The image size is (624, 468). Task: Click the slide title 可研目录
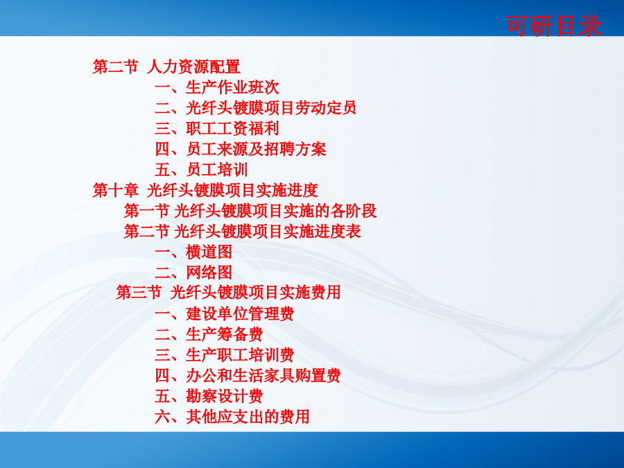coord(553,26)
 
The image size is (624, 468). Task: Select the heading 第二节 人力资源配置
coord(166,67)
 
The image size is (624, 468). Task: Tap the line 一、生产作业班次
coord(217,87)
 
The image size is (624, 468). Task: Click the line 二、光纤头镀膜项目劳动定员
coord(255,108)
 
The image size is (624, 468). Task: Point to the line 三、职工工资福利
coord(217,128)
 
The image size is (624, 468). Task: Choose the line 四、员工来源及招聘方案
coord(241,149)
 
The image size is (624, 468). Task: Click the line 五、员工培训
coord(201,170)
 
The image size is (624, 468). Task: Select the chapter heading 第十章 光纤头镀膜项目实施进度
coord(205,190)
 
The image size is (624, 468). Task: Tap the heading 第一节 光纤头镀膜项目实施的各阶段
coord(250,211)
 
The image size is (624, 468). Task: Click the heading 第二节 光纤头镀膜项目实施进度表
coord(243,231)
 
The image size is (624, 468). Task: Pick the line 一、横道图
coord(193,252)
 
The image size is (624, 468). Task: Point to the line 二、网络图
coord(193,272)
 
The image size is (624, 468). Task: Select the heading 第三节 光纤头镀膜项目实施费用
coord(228,293)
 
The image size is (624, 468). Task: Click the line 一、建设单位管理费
coord(225,313)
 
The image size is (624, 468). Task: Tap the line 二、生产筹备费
coord(209,334)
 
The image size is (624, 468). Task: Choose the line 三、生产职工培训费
coord(225,355)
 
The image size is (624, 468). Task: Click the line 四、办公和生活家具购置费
coord(248,375)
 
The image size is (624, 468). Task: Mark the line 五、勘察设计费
coord(209,396)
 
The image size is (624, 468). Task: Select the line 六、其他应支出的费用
coord(232,417)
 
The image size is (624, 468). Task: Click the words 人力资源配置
coord(194,67)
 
